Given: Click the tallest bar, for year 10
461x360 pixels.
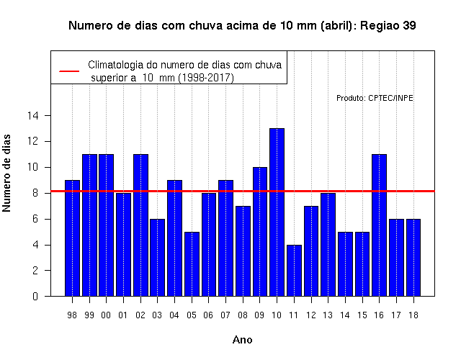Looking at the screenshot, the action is pyautogui.click(x=277, y=212).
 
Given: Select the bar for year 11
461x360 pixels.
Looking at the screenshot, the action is pyautogui.click(x=294, y=271).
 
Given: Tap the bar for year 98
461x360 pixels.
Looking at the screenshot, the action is pyautogui.click(x=72, y=238).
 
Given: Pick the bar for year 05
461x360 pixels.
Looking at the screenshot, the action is pyautogui.click(x=192, y=264).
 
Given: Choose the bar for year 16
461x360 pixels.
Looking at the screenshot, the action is pyautogui.click(x=380, y=225).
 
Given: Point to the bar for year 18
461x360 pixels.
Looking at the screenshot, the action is pyautogui.click(x=413, y=258).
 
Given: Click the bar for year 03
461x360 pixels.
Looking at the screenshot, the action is pyautogui.click(x=157, y=258).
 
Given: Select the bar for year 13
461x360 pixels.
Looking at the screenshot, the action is pyautogui.click(x=328, y=245).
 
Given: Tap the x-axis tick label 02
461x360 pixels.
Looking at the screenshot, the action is pyautogui.click(x=140, y=315).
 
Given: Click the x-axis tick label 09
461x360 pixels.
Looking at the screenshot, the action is pyautogui.click(x=259, y=315).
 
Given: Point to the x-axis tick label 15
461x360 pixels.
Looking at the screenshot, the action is pyautogui.click(x=362, y=315).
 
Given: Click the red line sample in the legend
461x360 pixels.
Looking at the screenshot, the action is pyautogui.click(x=69, y=71).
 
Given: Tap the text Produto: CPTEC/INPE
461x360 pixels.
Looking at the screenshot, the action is pyautogui.click(x=375, y=98).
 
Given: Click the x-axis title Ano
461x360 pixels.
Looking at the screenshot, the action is pyautogui.click(x=242, y=340).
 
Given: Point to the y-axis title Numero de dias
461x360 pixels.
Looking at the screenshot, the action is pyautogui.click(x=6, y=173).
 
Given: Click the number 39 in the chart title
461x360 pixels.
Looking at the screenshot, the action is pyautogui.click(x=409, y=26).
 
